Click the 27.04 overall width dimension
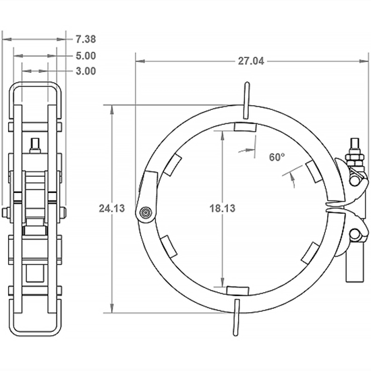250,61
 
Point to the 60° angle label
277,156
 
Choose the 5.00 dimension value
84,56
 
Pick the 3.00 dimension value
84,70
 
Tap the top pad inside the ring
244,126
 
